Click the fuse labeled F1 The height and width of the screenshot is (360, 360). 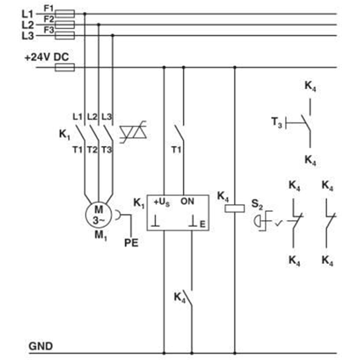pos(65,14)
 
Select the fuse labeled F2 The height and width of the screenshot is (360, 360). pos(65,25)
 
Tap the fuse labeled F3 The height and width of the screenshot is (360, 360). pos(65,36)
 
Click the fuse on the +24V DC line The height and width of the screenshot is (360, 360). pos(65,67)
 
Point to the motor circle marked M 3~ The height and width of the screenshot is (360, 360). pos(99,215)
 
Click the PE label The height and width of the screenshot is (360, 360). pos(131,243)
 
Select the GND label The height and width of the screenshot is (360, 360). pos(40,346)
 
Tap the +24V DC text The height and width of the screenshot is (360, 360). pos(47,57)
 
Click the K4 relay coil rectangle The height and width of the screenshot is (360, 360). pos(234,208)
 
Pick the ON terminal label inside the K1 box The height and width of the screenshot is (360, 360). pos(187,201)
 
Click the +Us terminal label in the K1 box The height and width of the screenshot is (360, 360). pos(162,202)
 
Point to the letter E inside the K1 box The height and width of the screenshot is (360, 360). pos(202,224)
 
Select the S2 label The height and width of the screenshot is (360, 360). pos(257,204)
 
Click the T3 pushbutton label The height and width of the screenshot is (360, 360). pos(276,122)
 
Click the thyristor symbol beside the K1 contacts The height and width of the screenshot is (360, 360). pos(133,132)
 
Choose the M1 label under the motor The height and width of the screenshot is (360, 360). pos(101,235)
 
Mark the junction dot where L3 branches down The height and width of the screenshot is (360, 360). pos(112,36)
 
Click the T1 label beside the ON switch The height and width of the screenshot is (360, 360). pos(176,150)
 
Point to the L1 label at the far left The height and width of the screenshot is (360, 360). pos(27,14)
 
